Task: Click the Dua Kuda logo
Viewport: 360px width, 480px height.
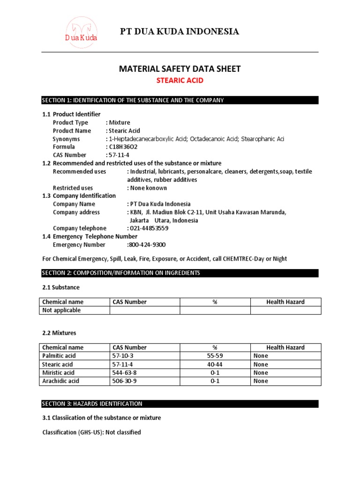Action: tap(81, 32)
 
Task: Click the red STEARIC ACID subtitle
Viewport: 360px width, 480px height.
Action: tap(180, 81)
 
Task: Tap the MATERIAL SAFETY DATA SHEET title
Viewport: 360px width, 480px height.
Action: tap(180, 69)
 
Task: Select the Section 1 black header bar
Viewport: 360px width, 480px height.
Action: tap(180, 100)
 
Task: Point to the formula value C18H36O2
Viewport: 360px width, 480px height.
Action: tap(124, 147)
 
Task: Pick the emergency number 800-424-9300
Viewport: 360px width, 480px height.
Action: tap(146, 245)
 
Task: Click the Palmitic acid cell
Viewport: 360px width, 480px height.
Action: tap(59, 356)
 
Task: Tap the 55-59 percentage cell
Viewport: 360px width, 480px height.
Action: tap(215, 356)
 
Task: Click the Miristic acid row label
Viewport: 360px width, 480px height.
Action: tap(58, 373)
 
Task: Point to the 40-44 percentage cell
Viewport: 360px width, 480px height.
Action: tap(215, 364)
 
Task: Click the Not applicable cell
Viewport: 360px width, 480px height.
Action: tap(61, 310)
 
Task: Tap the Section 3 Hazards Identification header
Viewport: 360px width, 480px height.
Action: tap(180, 404)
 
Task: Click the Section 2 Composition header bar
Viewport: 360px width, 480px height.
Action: tap(180, 273)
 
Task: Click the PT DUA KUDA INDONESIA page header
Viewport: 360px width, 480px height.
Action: tap(180, 32)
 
